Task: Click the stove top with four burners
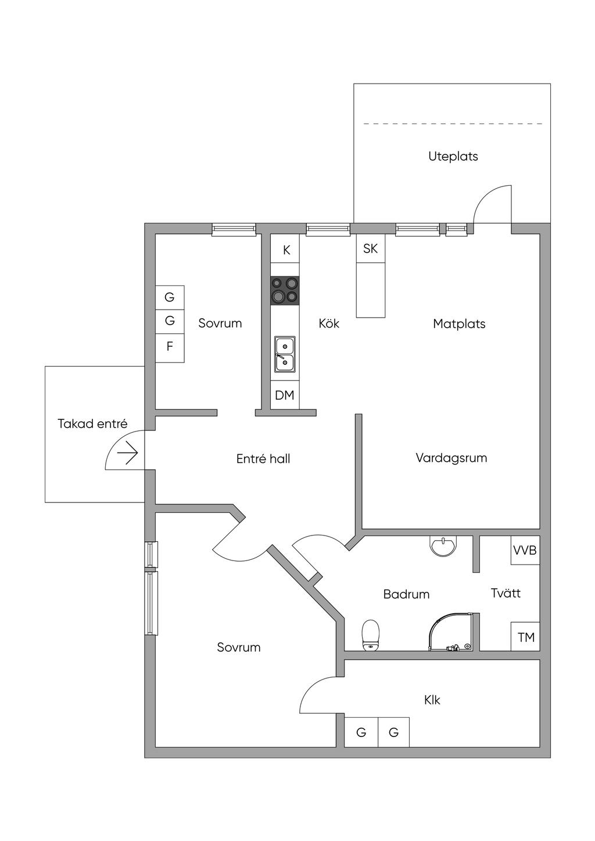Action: pyautogui.click(x=285, y=290)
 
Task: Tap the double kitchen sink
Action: pyautogui.click(x=285, y=354)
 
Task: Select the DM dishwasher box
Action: pyautogui.click(x=285, y=395)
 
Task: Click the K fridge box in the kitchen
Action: pyautogui.click(x=285, y=249)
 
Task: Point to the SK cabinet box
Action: pyautogui.click(x=371, y=249)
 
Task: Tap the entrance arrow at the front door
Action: pyautogui.click(x=128, y=453)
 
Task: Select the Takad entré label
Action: pyautogui.click(x=92, y=424)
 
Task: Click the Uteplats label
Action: pyautogui.click(x=453, y=156)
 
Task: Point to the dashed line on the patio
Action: pyautogui.click(x=453, y=123)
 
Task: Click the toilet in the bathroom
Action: pyautogui.click(x=371, y=635)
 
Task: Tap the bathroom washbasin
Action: pyautogui.click(x=443, y=545)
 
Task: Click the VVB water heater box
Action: pyautogui.click(x=525, y=551)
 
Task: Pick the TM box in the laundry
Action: pyautogui.click(x=525, y=637)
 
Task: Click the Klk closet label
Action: pyautogui.click(x=432, y=700)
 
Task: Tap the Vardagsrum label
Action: pyautogui.click(x=451, y=458)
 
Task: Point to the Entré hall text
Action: pyautogui.click(x=263, y=458)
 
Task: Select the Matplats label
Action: pyautogui.click(x=459, y=324)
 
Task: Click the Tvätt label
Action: pyautogui.click(x=506, y=593)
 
